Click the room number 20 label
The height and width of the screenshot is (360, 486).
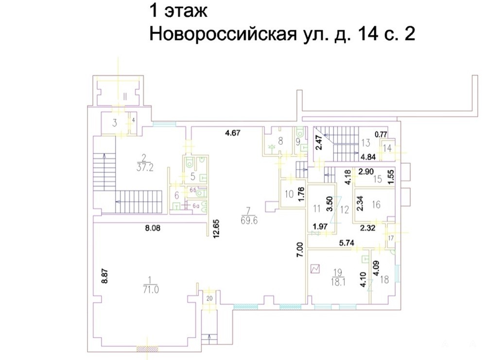point(209,299)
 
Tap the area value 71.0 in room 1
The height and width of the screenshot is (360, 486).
point(151,290)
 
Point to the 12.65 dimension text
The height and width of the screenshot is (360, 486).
point(216,229)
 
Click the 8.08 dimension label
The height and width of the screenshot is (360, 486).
point(153,229)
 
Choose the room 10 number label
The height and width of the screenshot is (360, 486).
point(289,194)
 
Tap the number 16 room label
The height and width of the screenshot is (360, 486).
point(376,205)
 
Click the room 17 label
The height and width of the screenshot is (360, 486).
point(391,238)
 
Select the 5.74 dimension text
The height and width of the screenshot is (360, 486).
point(347,243)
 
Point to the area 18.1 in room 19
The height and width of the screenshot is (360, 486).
point(338,282)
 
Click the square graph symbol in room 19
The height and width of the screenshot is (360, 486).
point(315,269)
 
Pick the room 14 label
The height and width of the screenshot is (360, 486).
point(387,148)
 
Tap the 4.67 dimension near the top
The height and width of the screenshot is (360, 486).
point(232,133)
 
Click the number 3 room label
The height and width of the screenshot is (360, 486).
point(115,123)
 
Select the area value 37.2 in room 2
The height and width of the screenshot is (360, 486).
point(145,168)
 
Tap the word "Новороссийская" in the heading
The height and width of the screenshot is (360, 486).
point(223,34)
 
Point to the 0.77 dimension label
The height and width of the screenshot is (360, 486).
point(381,135)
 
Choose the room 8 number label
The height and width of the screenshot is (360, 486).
point(280,141)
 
